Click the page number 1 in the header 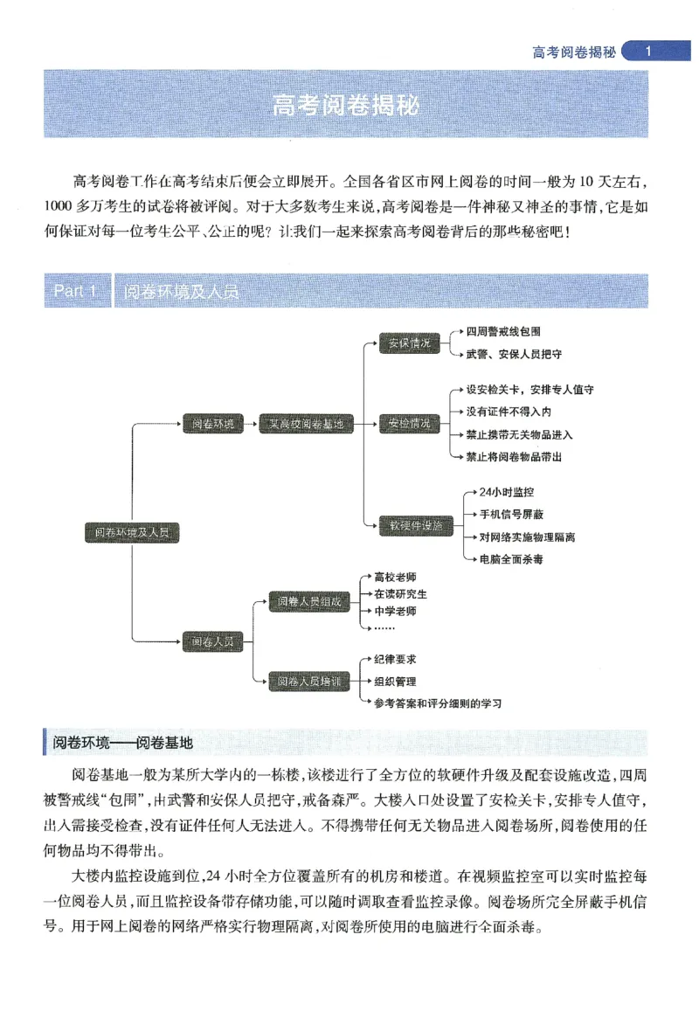pos(647,52)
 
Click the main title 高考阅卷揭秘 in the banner pos(346,106)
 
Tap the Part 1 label pos(75,291)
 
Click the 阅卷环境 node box pos(212,424)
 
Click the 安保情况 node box pos(409,343)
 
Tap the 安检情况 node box pos(409,424)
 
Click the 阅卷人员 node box pos(212,641)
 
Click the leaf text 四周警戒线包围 pos(503,332)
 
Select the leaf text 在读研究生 pos(400,593)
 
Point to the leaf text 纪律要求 pos(395,660)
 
